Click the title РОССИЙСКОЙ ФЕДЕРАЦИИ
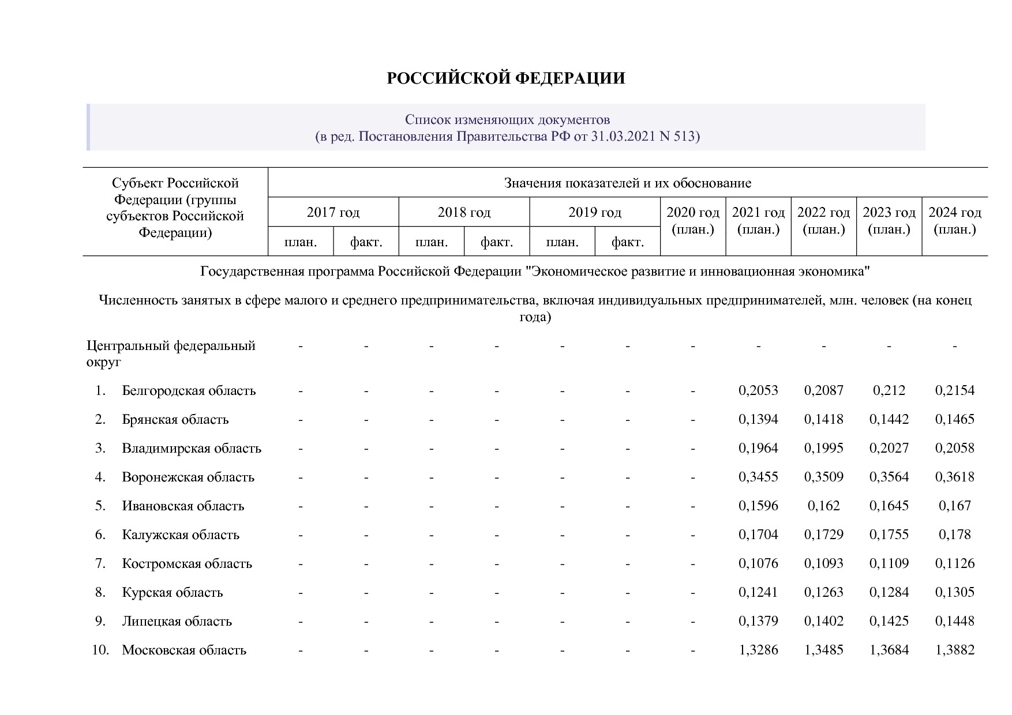(505, 78)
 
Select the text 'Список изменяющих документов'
(507, 120)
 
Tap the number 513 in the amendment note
(686, 137)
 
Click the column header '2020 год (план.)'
(693, 221)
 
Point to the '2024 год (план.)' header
(954, 221)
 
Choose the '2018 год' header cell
(464, 212)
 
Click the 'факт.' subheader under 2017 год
(366, 242)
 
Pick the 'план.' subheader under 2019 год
(562, 242)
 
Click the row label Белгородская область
(189, 391)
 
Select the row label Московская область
(184, 650)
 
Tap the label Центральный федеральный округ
(171, 353)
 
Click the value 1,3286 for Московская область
(758, 650)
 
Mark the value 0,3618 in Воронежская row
(954, 477)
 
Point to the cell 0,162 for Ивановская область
(823, 506)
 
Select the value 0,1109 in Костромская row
(889, 564)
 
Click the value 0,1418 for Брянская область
(823, 420)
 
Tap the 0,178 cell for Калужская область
(954, 535)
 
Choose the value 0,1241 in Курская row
(758, 593)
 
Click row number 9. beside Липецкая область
(100, 622)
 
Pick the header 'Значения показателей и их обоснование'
(627, 183)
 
